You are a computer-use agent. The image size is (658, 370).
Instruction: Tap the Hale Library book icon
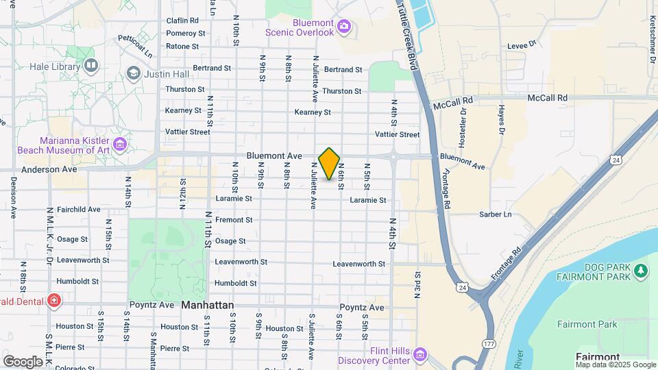91,65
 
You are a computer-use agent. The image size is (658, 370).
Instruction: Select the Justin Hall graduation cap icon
133,72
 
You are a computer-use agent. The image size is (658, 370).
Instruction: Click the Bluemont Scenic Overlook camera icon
344,27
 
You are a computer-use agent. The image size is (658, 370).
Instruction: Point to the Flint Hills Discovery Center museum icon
419,355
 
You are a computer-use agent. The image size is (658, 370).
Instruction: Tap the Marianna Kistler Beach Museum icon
121,145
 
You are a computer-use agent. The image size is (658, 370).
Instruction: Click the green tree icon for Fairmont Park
642,271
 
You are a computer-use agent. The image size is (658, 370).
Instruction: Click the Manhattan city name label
208,305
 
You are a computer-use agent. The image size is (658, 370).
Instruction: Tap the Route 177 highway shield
487,343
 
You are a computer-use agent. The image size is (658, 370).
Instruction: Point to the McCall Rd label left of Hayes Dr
453,99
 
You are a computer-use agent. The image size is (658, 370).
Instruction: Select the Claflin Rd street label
182,21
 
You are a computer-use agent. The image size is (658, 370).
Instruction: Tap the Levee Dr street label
521,45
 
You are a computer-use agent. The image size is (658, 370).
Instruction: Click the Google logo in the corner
23,361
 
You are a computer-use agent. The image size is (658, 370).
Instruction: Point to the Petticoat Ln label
135,45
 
